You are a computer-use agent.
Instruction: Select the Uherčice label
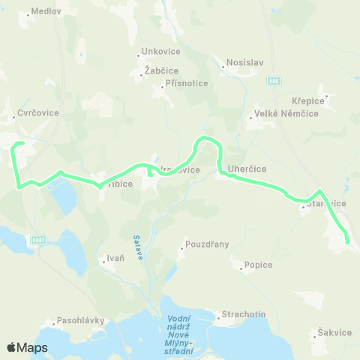(248, 169)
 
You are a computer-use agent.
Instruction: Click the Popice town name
(258, 265)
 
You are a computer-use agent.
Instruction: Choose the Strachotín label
(244, 314)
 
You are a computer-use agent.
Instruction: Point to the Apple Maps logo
(27, 347)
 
